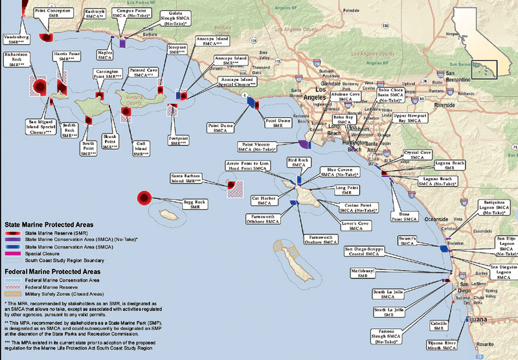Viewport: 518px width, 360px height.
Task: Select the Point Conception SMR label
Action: pyautogui.click(x=53, y=12)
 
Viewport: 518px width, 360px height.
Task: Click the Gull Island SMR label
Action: pyautogui.click(x=139, y=144)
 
